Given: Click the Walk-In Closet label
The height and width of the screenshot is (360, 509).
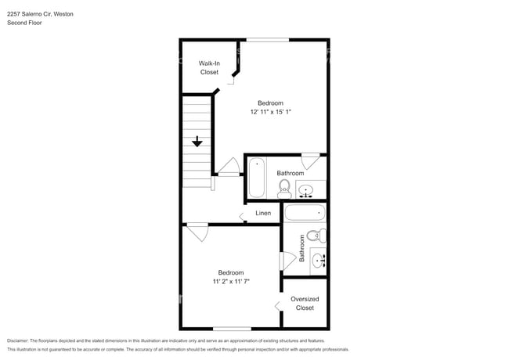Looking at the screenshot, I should coord(209,67).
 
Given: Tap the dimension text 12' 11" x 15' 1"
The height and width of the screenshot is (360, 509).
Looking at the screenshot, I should coord(270,113).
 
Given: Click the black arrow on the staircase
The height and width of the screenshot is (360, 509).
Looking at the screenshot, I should coord(197,142).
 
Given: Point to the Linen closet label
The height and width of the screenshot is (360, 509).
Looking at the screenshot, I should coord(263,213).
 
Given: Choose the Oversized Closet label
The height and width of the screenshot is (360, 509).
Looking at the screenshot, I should coord(305,303).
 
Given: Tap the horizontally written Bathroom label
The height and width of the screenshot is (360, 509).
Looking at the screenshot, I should coord(290,173).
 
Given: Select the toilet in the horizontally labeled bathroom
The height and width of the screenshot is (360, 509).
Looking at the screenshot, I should coord(284,187).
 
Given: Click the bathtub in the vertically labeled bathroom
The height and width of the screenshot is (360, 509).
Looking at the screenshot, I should coord(304,213).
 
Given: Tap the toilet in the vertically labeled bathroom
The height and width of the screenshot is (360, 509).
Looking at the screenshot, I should coord(314,236).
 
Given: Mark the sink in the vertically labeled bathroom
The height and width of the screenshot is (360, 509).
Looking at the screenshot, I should coord(317,260).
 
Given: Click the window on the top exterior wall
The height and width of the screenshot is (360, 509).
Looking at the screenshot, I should coord(267,40).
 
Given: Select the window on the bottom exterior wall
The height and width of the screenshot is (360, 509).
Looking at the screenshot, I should coord(232,328).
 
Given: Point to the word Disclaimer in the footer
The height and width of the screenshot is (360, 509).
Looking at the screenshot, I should coord(17,341).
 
